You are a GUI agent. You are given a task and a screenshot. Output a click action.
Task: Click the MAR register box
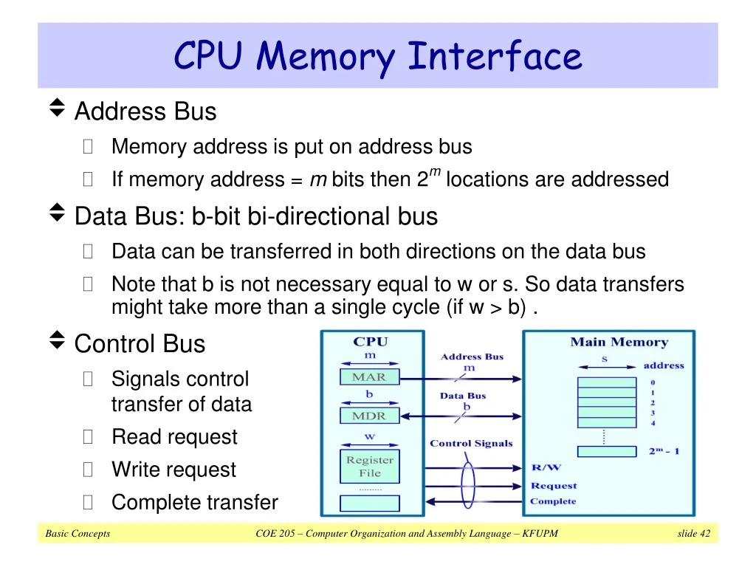pos(369,377)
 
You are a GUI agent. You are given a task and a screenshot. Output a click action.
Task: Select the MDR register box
pos(369,416)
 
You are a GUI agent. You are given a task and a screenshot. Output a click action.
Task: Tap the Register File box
pos(369,467)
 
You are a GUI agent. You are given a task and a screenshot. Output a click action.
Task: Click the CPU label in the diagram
pos(370,342)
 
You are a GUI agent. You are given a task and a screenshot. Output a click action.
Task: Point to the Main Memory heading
pos(619,342)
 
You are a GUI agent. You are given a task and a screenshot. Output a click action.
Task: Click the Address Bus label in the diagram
pos(472,357)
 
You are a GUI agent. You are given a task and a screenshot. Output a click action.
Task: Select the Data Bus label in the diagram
pos(463,396)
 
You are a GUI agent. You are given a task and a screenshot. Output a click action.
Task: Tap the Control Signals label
pos(471,444)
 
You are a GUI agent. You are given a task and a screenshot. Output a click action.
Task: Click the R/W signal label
pos(546,467)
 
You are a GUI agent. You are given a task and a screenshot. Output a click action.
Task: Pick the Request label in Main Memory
pos(554,486)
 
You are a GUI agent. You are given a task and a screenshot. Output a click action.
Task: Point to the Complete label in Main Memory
pos(553,502)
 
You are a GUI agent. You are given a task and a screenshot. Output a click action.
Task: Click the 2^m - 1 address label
pos(664,450)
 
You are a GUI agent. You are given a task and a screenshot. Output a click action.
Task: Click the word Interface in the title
pos(495,57)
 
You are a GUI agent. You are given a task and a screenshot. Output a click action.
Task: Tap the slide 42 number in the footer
pos(693,534)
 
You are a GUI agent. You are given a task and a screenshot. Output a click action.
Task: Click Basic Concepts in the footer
pos(78,534)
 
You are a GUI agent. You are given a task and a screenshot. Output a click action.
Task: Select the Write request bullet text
pos(173,470)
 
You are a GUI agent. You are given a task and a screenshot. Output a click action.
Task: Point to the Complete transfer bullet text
pos(194,503)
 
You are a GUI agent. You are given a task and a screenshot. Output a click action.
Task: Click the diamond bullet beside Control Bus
pos(56,342)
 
